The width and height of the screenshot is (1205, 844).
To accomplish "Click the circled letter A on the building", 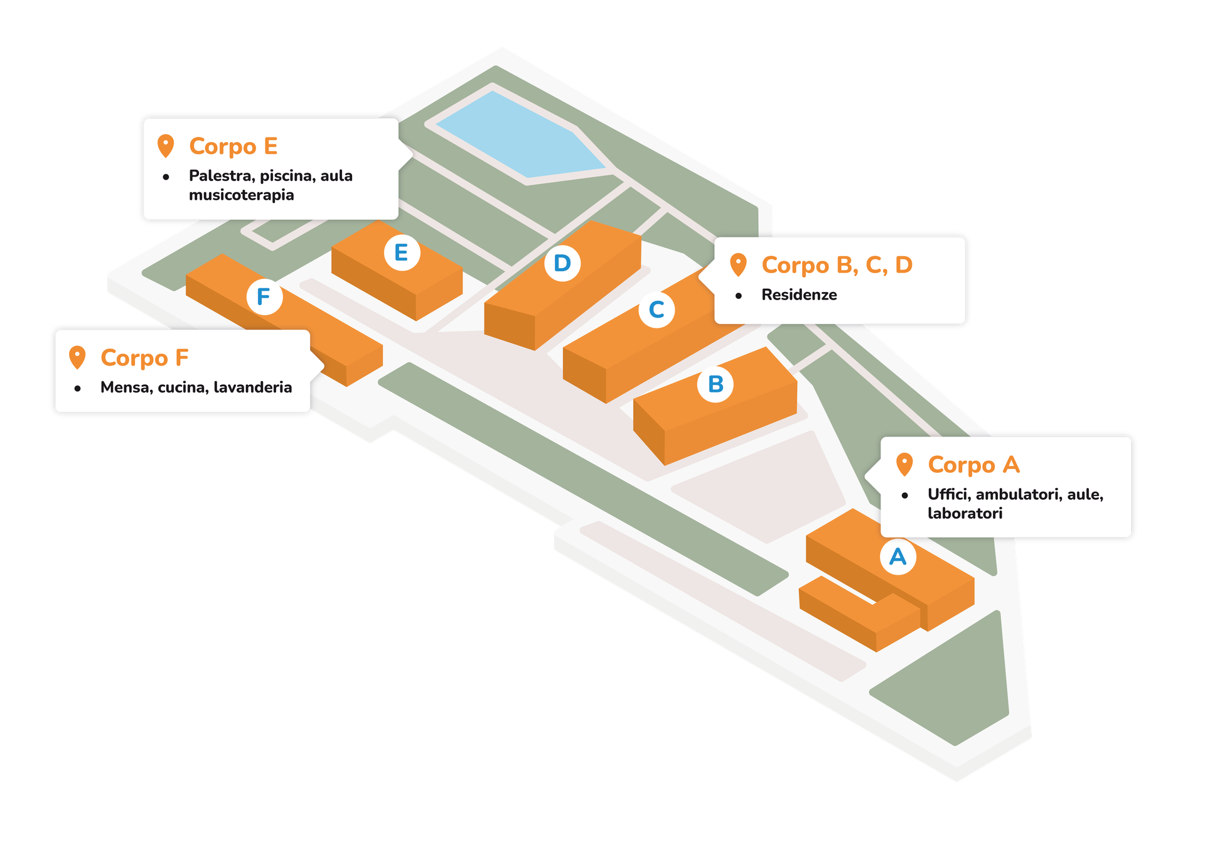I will tap(898, 556).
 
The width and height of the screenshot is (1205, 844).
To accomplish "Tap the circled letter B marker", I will tap(715, 384).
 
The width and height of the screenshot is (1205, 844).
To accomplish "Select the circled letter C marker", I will tap(656, 310).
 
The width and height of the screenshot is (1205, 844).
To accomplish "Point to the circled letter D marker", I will tap(562, 263).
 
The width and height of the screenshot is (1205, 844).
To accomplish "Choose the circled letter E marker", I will tap(402, 252).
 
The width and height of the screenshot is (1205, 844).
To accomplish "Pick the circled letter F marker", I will tap(264, 296).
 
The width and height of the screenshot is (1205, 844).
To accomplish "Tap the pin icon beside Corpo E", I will tap(166, 146).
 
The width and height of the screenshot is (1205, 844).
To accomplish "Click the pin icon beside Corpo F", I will tap(77, 357).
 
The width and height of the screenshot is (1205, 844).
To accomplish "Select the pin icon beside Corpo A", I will tap(904, 465).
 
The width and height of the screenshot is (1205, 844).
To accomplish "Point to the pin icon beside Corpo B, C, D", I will tap(739, 264).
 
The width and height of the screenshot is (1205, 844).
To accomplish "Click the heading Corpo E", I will tap(233, 146).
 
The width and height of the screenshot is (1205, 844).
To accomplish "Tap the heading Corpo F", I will tap(144, 358).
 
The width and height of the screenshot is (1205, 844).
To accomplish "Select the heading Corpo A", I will tap(973, 465).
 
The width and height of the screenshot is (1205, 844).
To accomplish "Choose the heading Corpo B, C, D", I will tap(837, 265).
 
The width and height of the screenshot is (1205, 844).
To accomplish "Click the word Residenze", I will tap(799, 295).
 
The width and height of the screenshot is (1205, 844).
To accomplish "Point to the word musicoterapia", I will tap(242, 195).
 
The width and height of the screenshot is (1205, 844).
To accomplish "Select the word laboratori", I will tap(965, 513).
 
